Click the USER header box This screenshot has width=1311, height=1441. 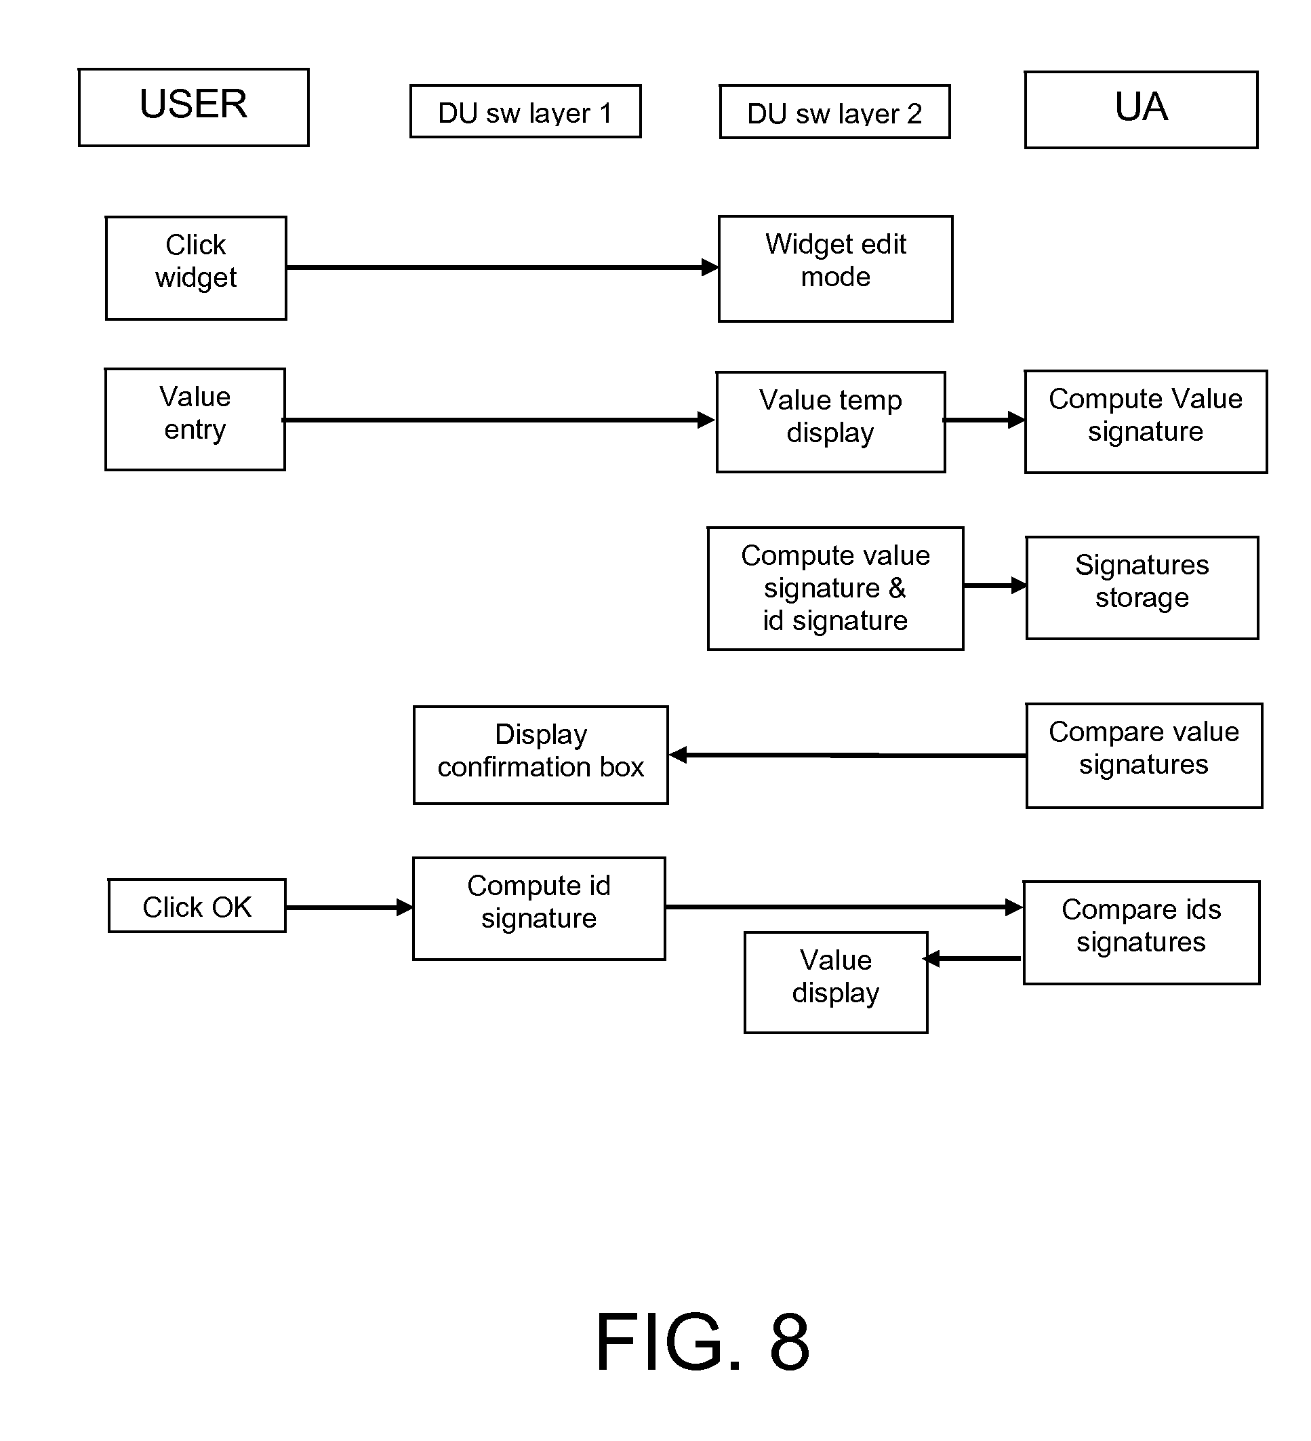pyautogui.click(x=194, y=107)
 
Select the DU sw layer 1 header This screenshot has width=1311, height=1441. pyautogui.click(x=525, y=111)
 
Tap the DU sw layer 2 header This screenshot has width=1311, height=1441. pyautogui.click(x=834, y=112)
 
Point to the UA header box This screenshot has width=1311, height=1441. pyautogui.click(x=1141, y=109)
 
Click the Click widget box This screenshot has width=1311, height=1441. pyautogui.click(x=196, y=268)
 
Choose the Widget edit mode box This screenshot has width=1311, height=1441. pyautogui.click(x=835, y=269)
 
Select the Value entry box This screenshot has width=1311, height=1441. pyautogui.click(x=195, y=420)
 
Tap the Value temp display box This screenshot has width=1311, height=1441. pyautogui.click(x=830, y=422)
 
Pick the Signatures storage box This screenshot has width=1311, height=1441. pyautogui.click(x=1142, y=587)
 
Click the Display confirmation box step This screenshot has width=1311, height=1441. pyautogui.click(x=540, y=755)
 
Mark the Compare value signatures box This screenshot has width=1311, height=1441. pyautogui.click(x=1144, y=755)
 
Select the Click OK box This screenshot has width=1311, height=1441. pyautogui.click(x=197, y=906)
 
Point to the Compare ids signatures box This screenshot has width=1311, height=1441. pyautogui.click(x=1141, y=932)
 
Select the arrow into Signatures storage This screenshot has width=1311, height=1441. pyautogui.click(x=994, y=585)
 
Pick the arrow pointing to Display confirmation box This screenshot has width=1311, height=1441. pyautogui.click(x=847, y=755)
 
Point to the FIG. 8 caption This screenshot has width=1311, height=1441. pyautogui.click(x=702, y=1343)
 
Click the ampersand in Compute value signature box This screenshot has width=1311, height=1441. pyautogui.click(x=897, y=587)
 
